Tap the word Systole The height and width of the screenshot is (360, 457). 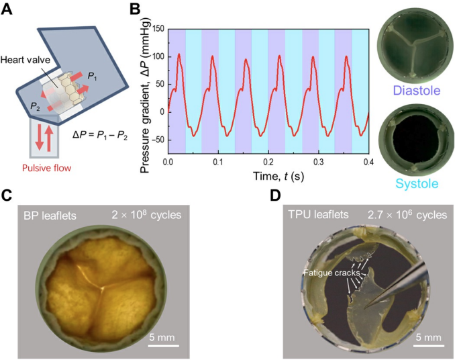tap(413, 183)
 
